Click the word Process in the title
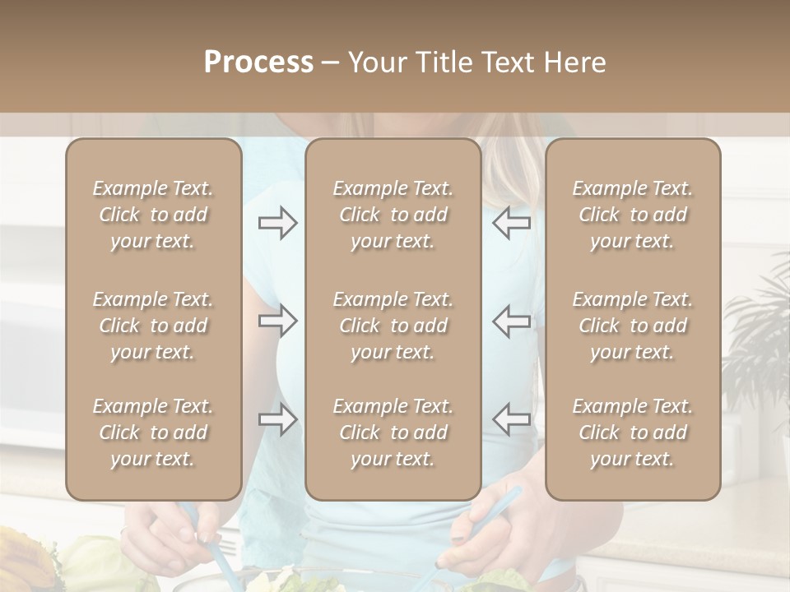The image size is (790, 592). [258, 62]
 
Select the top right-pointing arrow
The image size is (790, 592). [278, 223]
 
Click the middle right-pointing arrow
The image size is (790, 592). [278, 321]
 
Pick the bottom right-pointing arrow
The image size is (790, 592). [278, 419]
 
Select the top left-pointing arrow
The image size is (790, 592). [512, 223]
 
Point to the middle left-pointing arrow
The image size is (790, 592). [512, 321]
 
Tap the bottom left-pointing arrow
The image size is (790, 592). [512, 419]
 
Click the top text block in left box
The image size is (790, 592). [153, 215]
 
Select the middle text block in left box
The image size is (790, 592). [153, 326]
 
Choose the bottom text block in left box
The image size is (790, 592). [153, 432]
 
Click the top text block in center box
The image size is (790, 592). [393, 215]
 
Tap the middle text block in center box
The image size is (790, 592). [393, 326]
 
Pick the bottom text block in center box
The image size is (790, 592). [393, 432]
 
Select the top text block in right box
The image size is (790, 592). [633, 215]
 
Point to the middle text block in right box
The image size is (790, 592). [633, 326]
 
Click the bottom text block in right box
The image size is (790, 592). [633, 432]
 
